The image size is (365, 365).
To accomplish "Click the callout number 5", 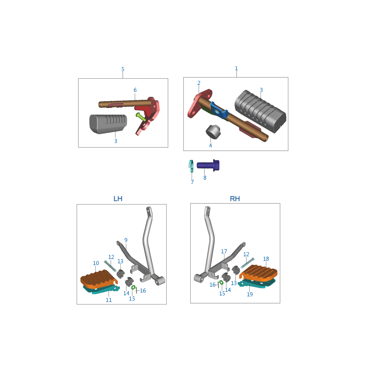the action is point(123,69).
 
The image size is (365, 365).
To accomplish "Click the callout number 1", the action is point(236,68).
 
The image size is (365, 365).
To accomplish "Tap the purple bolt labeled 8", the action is point(208,165).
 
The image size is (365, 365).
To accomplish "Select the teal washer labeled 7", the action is point(191,166).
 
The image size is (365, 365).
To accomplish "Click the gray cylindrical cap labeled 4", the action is point(213,132).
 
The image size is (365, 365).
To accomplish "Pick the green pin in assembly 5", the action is point(141,117).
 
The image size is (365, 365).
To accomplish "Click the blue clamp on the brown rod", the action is point(219,110).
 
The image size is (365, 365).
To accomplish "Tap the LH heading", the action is point(118,199).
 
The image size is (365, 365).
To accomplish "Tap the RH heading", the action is point(235,199).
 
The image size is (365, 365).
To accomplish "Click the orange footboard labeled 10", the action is point(98,278).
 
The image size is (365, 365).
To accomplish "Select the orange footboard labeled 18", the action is point(259,273).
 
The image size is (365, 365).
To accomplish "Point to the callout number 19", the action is point(250,294).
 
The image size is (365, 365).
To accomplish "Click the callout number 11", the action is point(109,300).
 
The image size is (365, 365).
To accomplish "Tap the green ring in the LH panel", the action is point(133,288).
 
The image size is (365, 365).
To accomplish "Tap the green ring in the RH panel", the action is point(221,282).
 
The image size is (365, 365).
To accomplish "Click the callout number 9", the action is point(126,240).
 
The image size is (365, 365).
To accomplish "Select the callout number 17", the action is point(224,251).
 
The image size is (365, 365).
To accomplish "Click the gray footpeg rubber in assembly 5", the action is point(108,124).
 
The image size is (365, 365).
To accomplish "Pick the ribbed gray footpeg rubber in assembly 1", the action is point(261,111).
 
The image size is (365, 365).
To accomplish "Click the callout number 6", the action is point(135,90).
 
